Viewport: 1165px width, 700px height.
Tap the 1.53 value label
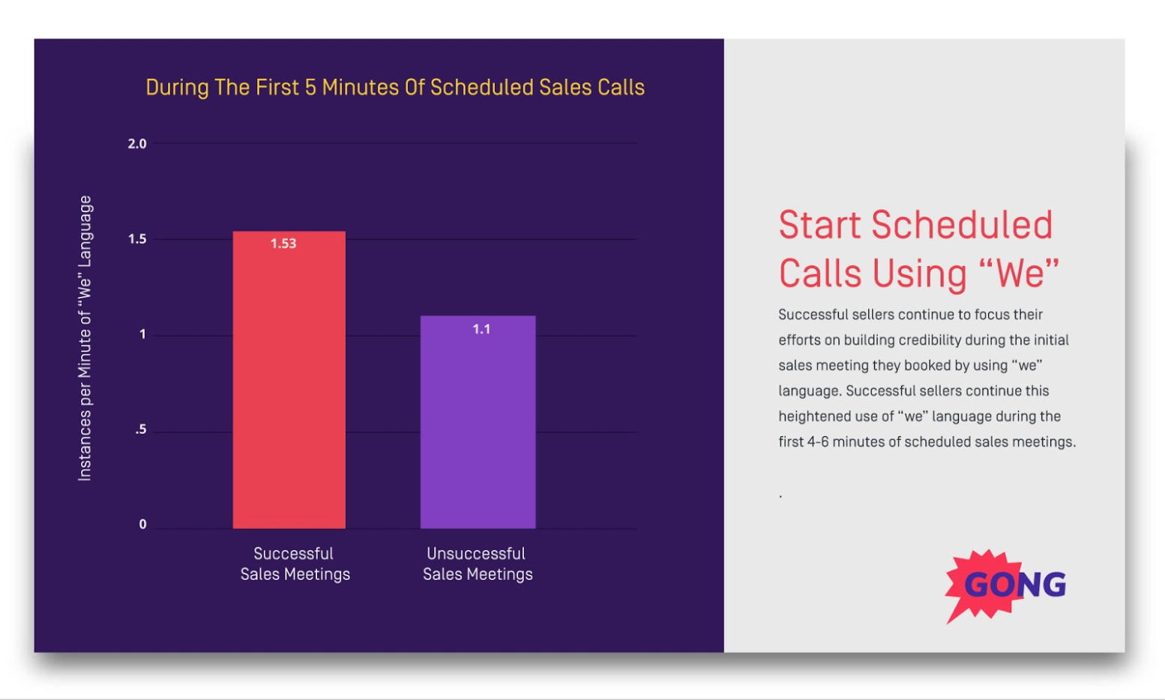coord(283,244)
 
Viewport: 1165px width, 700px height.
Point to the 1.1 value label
coord(481,329)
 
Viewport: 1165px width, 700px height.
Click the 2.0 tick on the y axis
coord(137,144)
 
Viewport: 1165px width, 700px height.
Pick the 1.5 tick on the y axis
coord(137,239)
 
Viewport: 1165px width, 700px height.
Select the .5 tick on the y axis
coord(141,430)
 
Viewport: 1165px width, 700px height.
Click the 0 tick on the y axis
coord(142,525)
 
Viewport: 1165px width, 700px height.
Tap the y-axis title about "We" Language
coord(85,338)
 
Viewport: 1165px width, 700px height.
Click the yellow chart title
coord(395,88)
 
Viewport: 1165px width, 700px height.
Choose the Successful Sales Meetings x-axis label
coord(295,564)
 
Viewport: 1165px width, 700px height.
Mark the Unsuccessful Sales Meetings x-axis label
coord(478,564)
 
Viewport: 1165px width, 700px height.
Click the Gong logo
coord(1005,585)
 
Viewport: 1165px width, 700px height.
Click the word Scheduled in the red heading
coord(962,226)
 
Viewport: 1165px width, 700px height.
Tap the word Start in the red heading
coord(819,226)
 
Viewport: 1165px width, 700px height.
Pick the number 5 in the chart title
coord(310,88)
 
